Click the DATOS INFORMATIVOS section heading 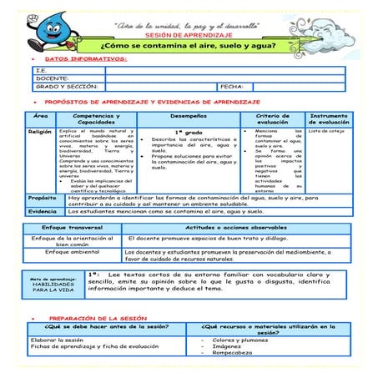[85, 59]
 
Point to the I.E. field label [42, 71]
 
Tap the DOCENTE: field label [53, 78]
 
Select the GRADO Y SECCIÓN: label [68, 86]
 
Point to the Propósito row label [43, 199]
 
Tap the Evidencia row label [43, 212]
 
